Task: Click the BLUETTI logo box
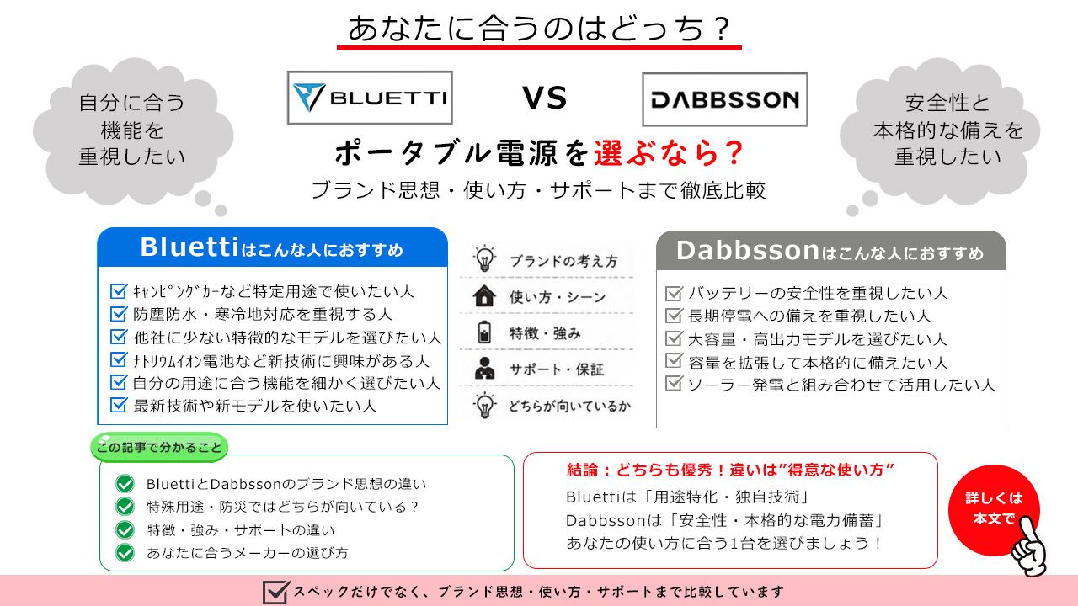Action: (370, 98)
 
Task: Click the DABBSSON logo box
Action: (725, 99)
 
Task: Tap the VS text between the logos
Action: (545, 98)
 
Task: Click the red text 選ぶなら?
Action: (669, 153)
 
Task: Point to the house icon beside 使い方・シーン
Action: (484, 296)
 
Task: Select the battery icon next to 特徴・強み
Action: (484, 332)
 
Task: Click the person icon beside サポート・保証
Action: (484, 369)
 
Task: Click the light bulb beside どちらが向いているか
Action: (484, 405)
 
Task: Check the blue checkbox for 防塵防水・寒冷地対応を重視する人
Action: (119, 313)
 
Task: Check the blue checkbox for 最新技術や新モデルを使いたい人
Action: (119, 405)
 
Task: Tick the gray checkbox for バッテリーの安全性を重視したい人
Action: (674, 292)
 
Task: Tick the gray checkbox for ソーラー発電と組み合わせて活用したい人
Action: (674, 383)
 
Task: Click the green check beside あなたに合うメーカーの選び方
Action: (125, 553)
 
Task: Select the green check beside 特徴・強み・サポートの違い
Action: (125, 529)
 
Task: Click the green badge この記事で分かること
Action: (159, 447)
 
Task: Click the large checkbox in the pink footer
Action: (275, 592)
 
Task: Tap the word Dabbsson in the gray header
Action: (747, 251)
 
